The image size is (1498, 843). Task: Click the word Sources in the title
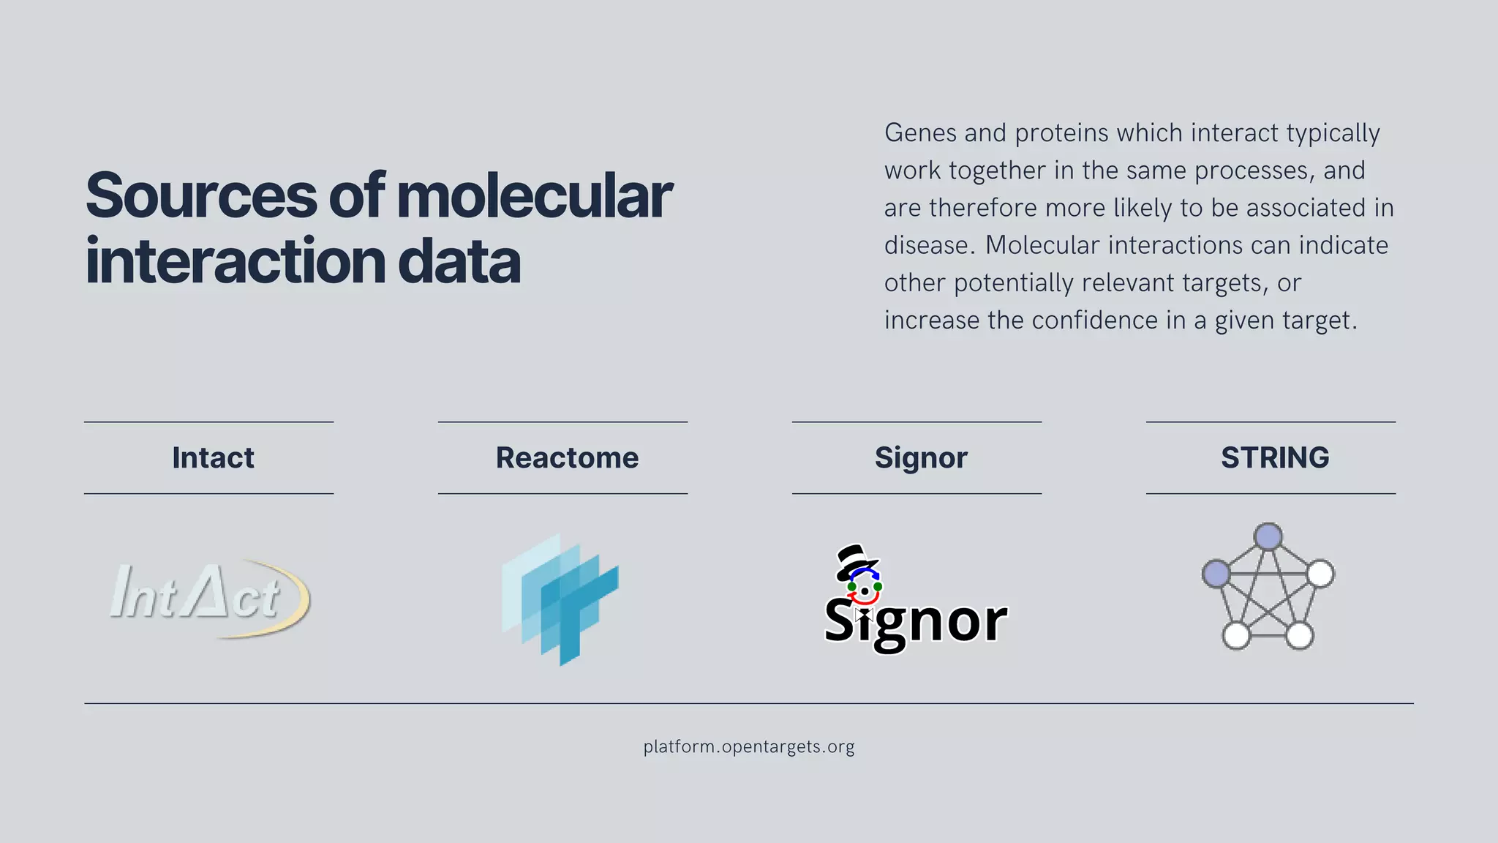(x=201, y=196)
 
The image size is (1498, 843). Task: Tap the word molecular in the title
(x=534, y=196)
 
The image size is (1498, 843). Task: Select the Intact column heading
(x=213, y=458)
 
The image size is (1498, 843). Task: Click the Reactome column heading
(x=567, y=458)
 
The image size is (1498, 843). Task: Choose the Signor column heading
(x=921, y=458)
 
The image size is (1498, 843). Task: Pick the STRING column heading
(x=1275, y=458)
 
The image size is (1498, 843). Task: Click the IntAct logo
(x=209, y=599)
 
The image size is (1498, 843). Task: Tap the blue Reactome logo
(x=560, y=599)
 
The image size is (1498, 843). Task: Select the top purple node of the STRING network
(x=1268, y=536)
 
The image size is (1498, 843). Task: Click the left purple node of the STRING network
(x=1216, y=574)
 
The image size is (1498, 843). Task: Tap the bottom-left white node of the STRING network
(x=1236, y=635)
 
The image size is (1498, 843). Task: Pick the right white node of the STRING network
(x=1320, y=574)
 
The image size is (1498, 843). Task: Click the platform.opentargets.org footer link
(x=749, y=747)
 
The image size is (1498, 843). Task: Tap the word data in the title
(x=459, y=262)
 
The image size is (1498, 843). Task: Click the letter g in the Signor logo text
(x=889, y=626)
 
